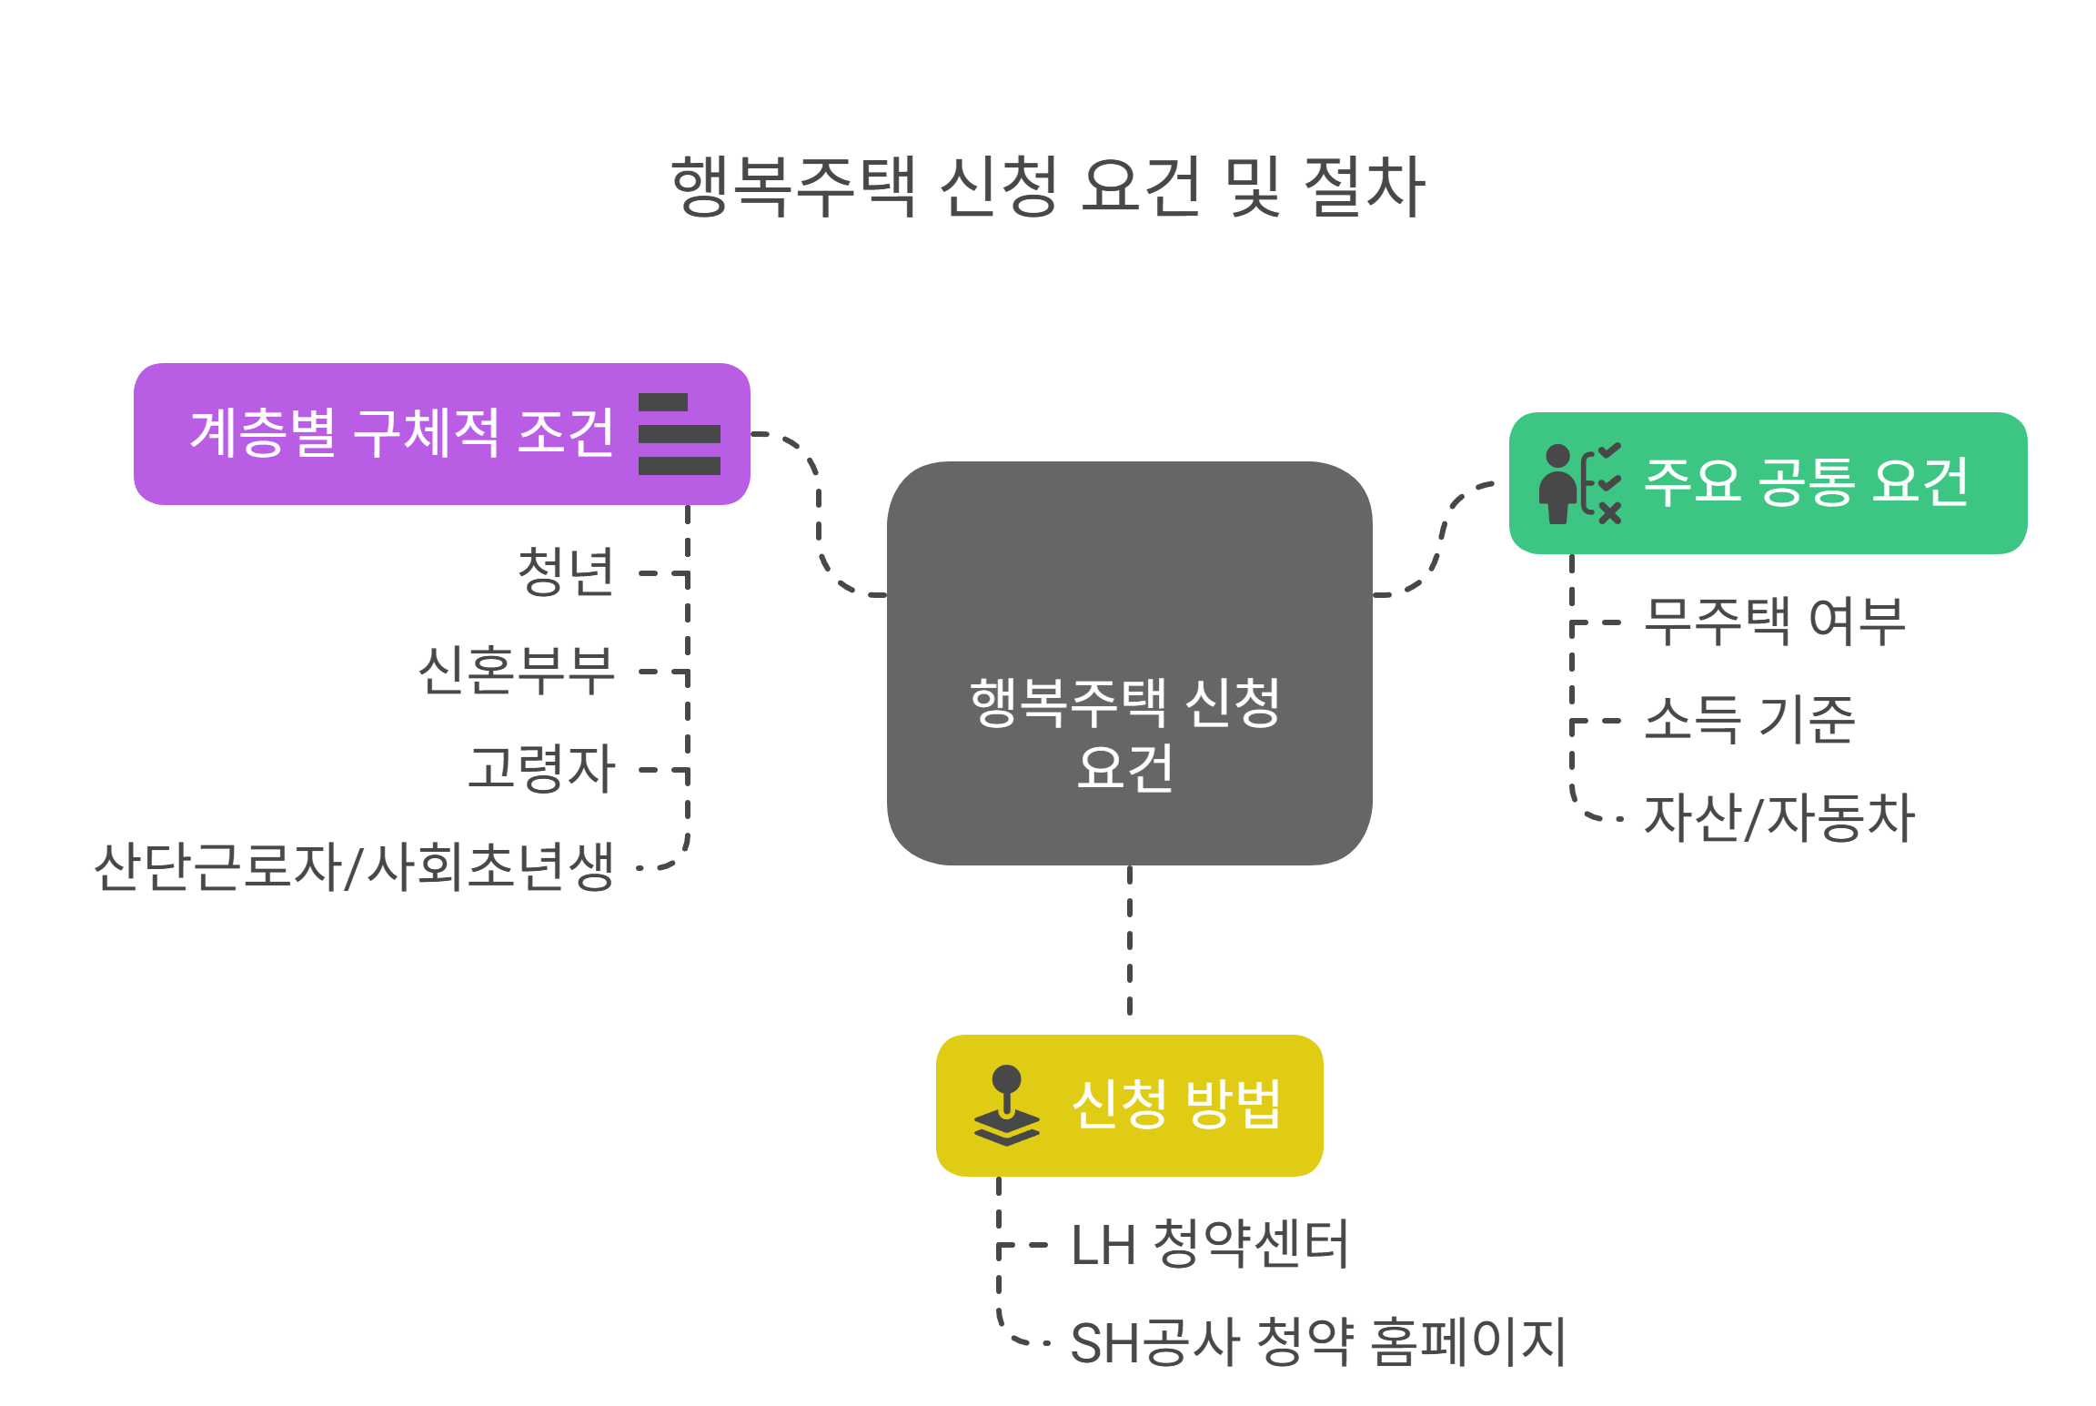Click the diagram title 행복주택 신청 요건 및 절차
pyautogui.click(x=1047, y=187)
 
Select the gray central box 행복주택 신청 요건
pyautogui.click(x=1128, y=663)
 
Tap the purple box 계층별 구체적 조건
pyautogui.click(x=400, y=433)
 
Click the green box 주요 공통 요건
pyautogui.click(x=1806, y=481)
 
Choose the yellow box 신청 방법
pyautogui.click(x=1175, y=1105)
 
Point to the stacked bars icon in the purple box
pyautogui.click(x=679, y=434)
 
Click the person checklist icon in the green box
pyautogui.click(x=1579, y=483)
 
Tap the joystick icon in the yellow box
pyautogui.click(x=1006, y=1105)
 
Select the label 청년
pyautogui.click(x=566, y=572)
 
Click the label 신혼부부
pyautogui.click(x=516, y=671)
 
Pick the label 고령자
pyautogui.click(x=541, y=769)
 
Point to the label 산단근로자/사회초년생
pyautogui.click(x=354, y=866)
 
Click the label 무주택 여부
pyautogui.click(x=1774, y=622)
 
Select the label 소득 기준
pyautogui.click(x=1748, y=720)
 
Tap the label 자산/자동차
pyautogui.click(x=1779, y=817)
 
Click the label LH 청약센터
pyautogui.click(x=1209, y=1244)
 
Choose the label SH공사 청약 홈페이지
pyautogui.click(x=1317, y=1342)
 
